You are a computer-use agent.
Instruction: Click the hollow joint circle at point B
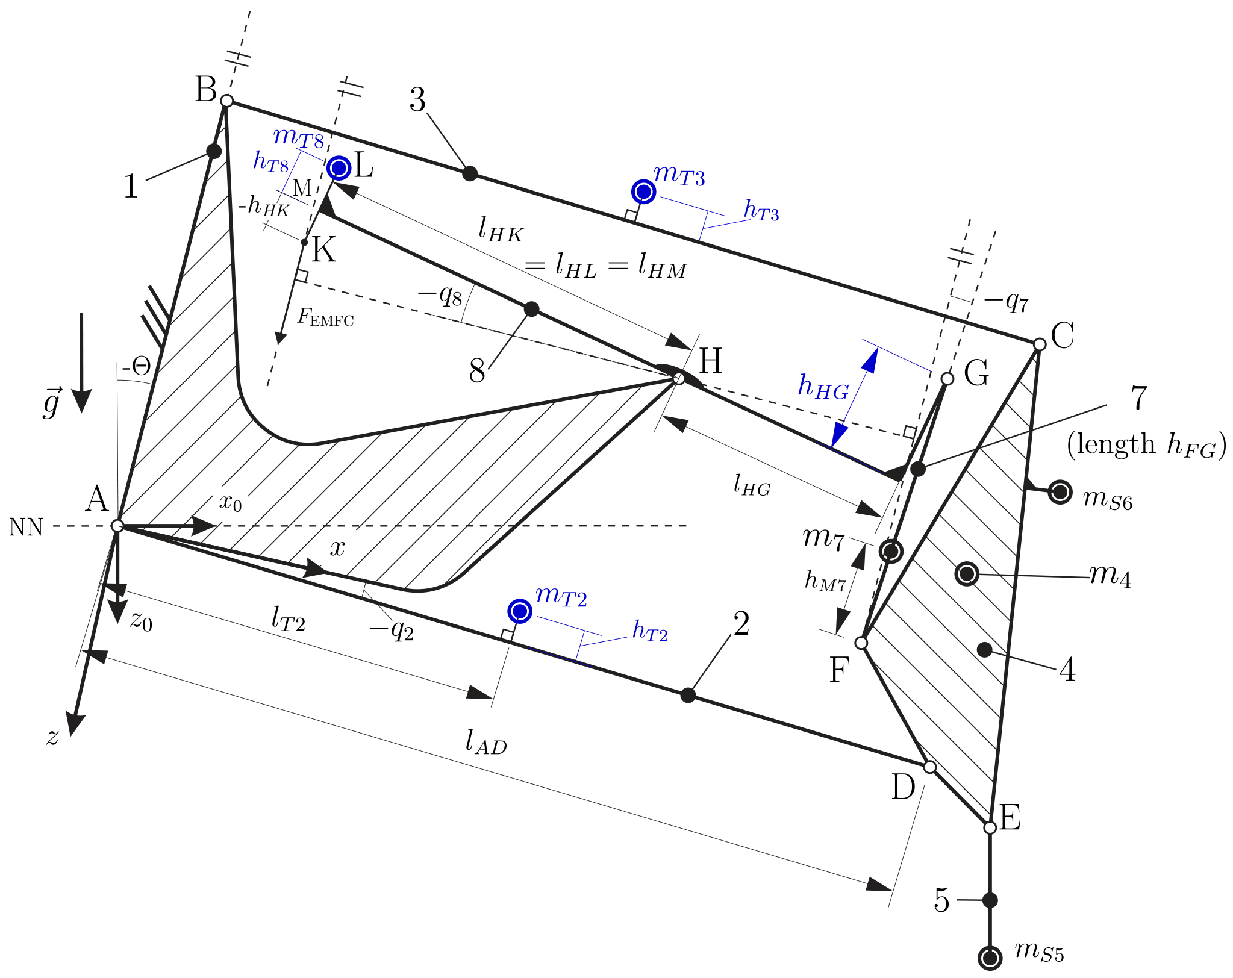[226, 101]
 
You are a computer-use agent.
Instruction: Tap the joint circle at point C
[1039, 344]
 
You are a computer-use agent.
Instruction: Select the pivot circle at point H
[679, 379]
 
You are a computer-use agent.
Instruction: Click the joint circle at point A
[117, 526]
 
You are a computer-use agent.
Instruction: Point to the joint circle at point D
[929, 767]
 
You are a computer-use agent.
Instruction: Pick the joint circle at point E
[990, 827]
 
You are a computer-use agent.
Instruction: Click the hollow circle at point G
[947, 378]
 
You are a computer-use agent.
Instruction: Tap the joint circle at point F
[861, 643]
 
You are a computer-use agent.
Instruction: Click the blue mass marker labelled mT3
[643, 192]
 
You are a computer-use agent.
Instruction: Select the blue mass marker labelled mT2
[519, 611]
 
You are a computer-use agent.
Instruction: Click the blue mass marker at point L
[339, 168]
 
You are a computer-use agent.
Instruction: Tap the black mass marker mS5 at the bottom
[990, 958]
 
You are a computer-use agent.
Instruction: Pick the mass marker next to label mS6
[1060, 492]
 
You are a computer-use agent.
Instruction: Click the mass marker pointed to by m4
[967, 573]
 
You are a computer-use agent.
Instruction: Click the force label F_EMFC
[325, 317]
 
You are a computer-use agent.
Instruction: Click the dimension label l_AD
[485, 742]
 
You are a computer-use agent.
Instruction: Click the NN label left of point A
[26, 528]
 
